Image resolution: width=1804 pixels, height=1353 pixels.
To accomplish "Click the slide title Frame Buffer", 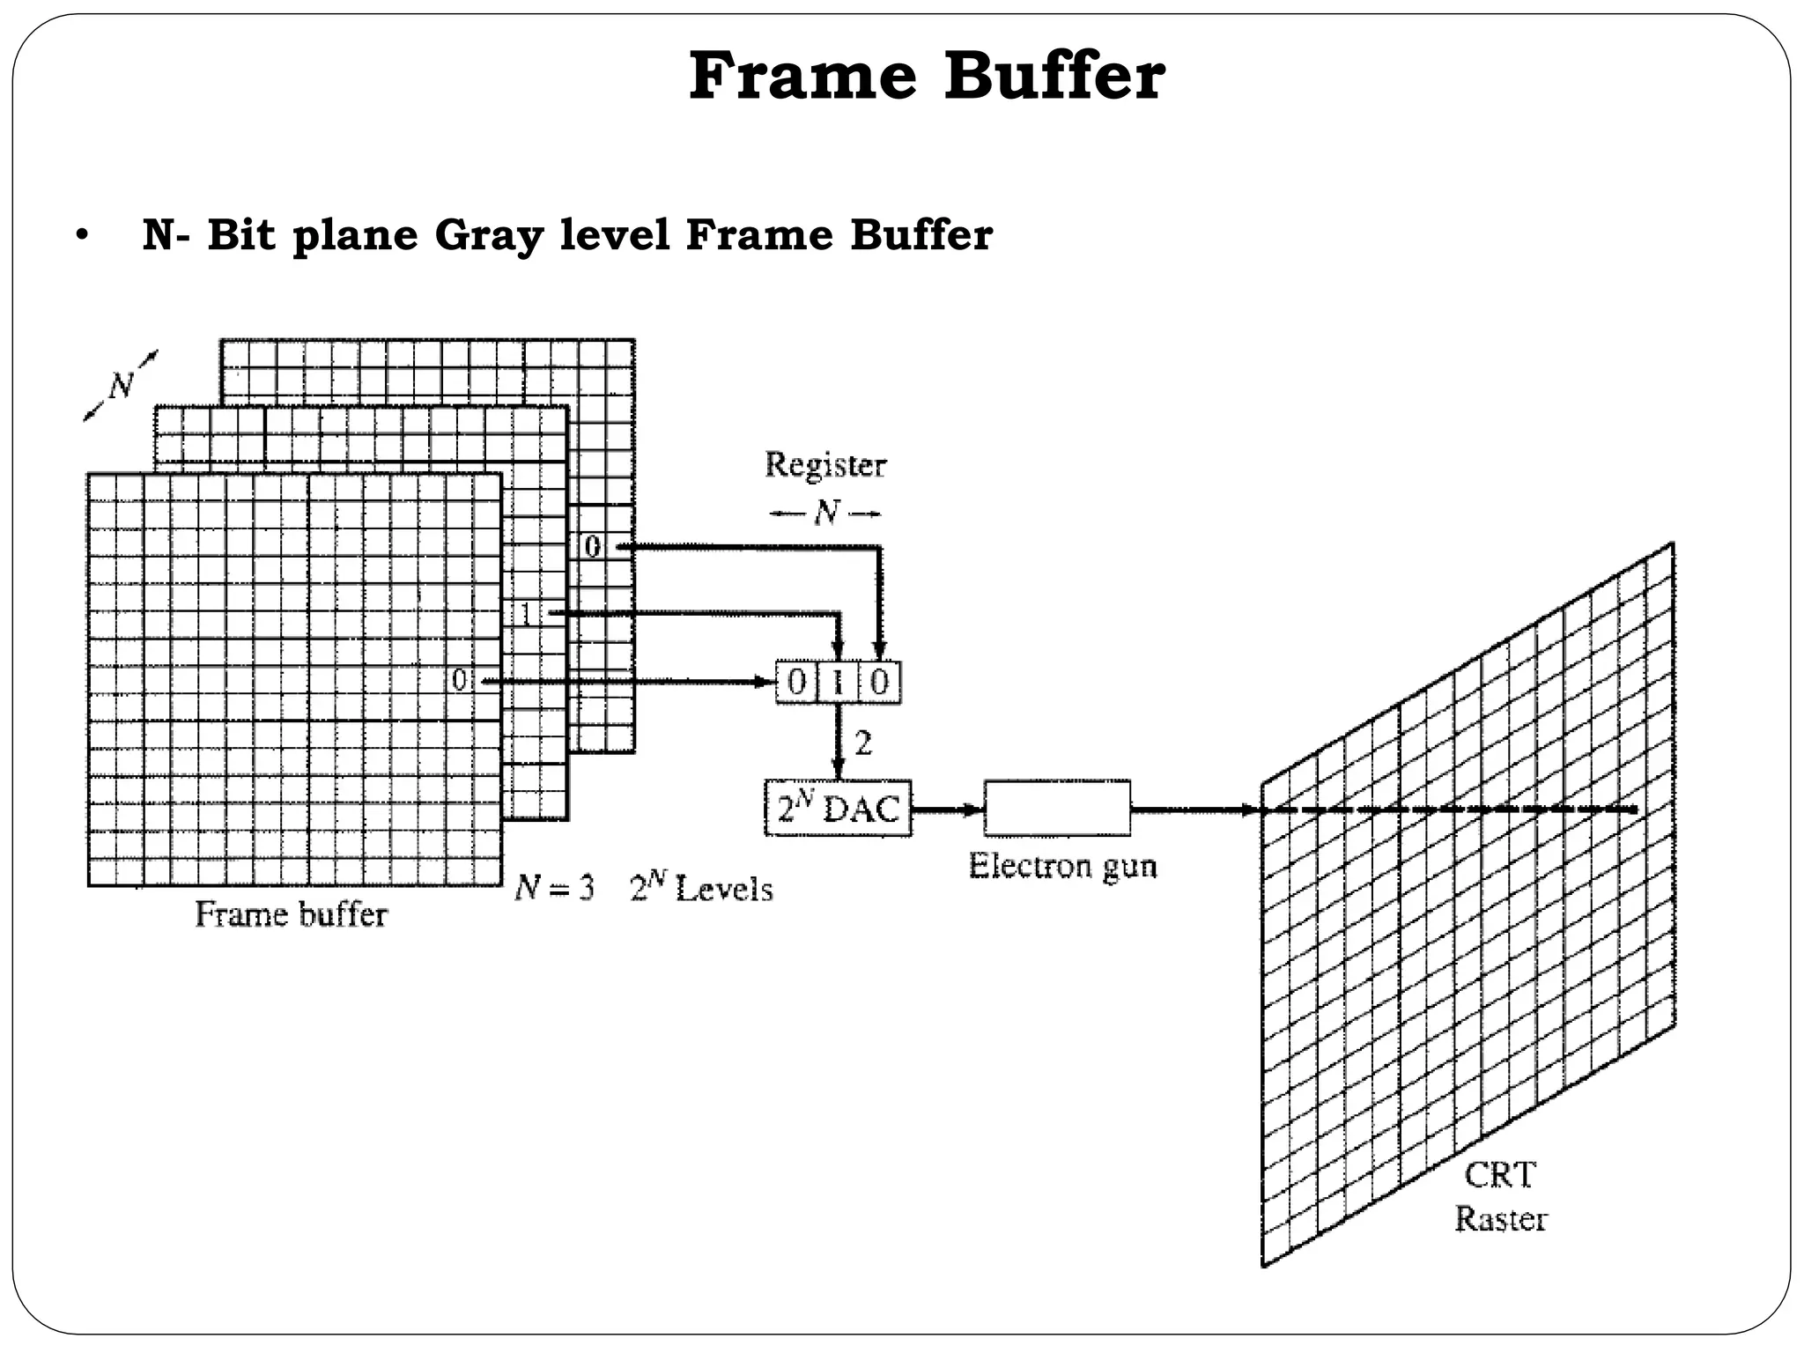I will tap(927, 78).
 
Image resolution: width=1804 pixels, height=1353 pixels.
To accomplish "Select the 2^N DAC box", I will tap(838, 808).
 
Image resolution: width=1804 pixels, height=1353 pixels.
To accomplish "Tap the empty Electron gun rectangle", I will tap(1057, 808).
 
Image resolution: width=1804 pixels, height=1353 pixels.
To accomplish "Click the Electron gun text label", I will tap(1062, 866).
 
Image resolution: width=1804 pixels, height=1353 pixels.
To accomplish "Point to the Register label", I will tap(825, 465).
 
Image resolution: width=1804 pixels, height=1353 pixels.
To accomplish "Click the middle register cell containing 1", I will tap(838, 682).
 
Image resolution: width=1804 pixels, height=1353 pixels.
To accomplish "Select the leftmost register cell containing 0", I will tap(796, 682).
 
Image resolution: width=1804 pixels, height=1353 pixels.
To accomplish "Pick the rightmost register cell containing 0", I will tap(880, 682).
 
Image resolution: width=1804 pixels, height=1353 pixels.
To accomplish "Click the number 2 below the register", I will tap(863, 743).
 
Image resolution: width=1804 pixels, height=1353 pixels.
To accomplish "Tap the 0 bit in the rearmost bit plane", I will tap(593, 547).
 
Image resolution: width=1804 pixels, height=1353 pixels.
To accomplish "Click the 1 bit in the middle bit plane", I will tap(526, 613).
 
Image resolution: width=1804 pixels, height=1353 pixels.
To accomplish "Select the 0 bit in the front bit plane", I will tap(459, 680).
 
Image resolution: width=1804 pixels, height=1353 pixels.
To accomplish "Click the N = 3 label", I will tap(555, 888).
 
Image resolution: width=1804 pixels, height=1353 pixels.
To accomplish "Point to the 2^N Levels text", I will tap(701, 888).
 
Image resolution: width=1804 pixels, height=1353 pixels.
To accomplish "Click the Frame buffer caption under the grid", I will tap(291, 914).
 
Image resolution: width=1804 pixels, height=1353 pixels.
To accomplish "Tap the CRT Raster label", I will tap(1500, 1197).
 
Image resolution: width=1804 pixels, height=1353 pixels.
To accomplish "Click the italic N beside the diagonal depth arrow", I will tap(121, 386).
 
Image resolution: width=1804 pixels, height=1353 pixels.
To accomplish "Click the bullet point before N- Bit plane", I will tap(82, 236).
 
